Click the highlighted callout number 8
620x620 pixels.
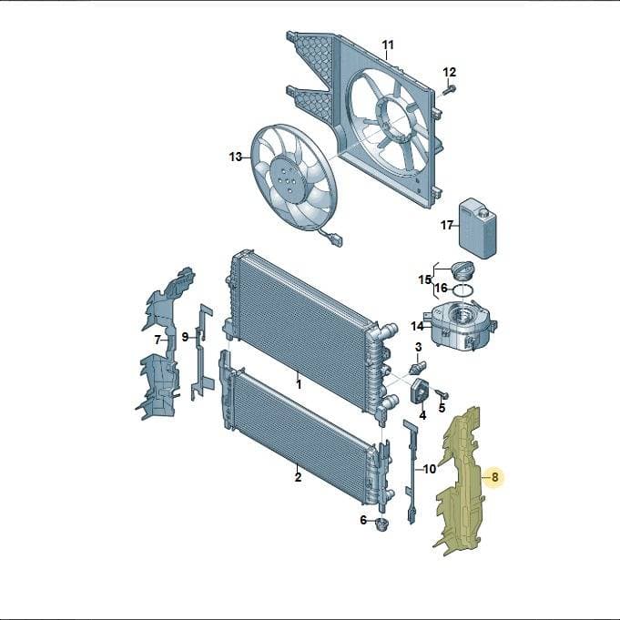pyautogui.click(x=494, y=477)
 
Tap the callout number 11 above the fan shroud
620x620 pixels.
pyautogui.click(x=388, y=45)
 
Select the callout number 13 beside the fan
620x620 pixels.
pyautogui.click(x=236, y=157)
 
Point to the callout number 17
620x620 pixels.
pyautogui.click(x=447, y=226)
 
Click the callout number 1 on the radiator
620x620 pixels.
pyautogui.click(x=299, y=384)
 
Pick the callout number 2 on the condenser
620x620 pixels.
pyautogui.click(x=298, y=477)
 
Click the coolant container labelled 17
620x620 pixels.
pyautogui.click(x=477, y=229)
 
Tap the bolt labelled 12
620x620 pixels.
pyautogui.click(x=449, y=90)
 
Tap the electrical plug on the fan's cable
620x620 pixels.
pyautogui.click(x=336, y=241)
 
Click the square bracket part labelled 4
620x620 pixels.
pyautogui.click(x=420, y=391)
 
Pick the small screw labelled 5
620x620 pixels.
pyautogui.click(x=442, y=393)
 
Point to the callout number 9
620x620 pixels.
pyautogui.click(x=185, y=337)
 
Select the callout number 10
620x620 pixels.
pyautogui.click(x=430, y=469)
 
